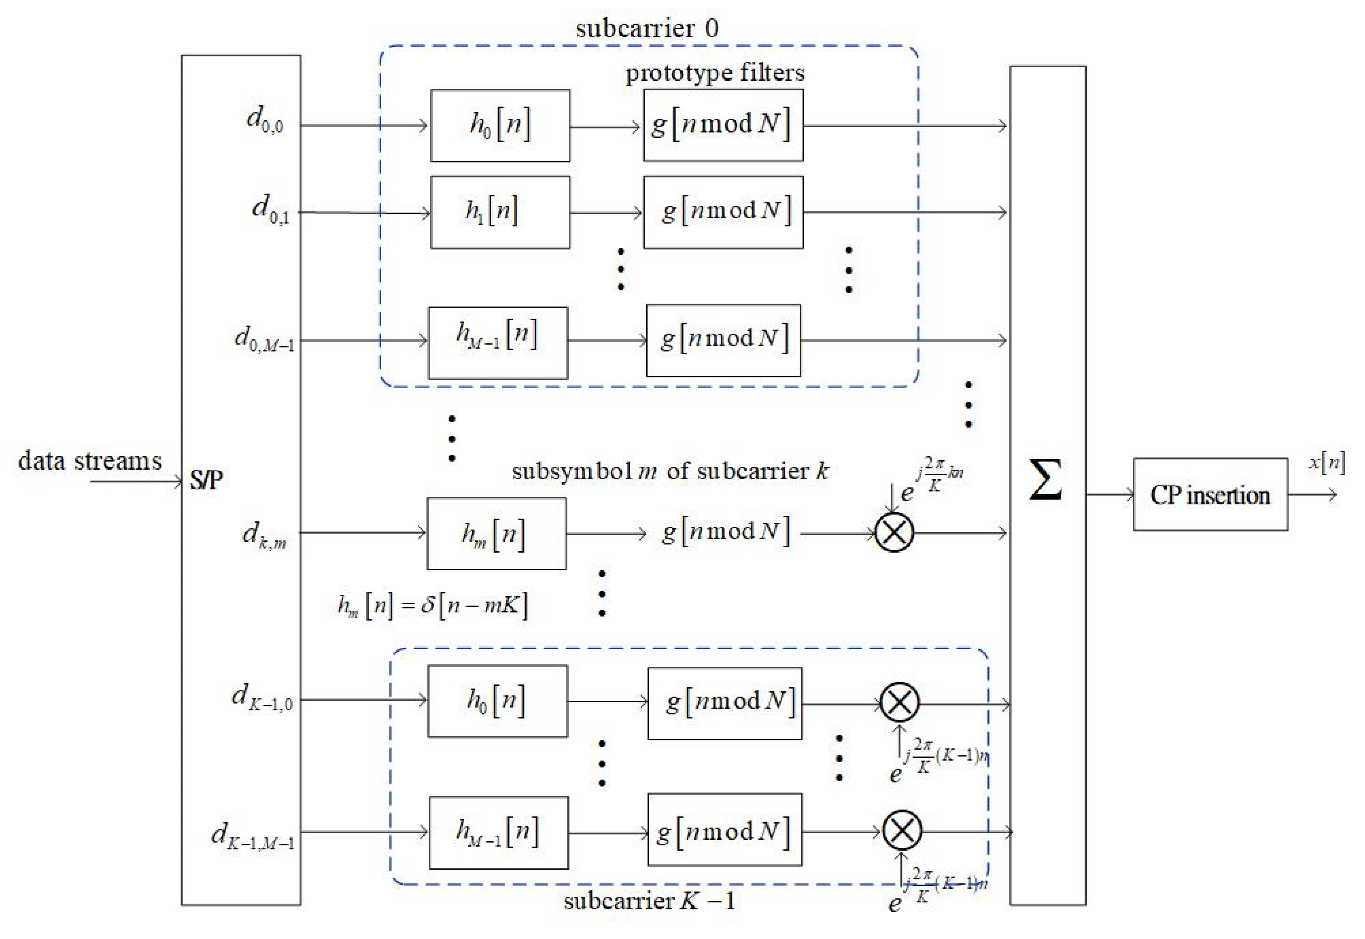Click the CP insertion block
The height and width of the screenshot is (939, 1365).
click(1210, 494)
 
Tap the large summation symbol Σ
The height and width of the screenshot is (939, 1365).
click(1046, 480)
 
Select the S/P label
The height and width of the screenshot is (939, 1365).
click(206, 480)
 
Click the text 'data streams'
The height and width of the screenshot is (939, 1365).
click(90, 460)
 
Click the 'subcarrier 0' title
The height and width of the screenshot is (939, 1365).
click(647, 28)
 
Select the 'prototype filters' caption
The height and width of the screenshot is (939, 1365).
click(715, 73)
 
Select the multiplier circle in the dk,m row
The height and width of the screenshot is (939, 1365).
click(894, 533)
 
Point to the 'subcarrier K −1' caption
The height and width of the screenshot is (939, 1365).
click(649, 901)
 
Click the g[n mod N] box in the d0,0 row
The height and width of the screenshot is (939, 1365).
click(723, 125)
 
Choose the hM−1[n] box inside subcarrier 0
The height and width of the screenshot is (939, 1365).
click(497, 342)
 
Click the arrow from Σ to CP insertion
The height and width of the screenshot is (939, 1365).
click(1109, 494)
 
